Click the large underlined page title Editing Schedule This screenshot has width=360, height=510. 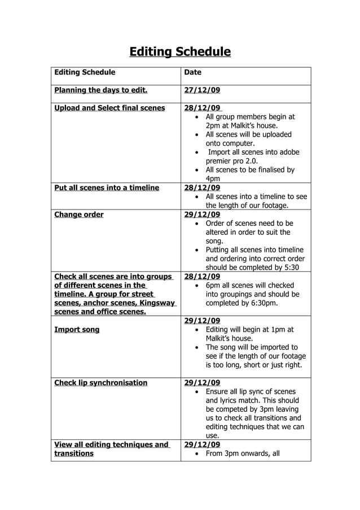pos(180,52)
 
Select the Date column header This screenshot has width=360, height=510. pos(192,72)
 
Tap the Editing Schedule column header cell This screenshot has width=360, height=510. pos(84,72)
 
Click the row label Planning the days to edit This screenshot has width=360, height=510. pos(100,90)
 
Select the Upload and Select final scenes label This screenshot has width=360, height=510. pos(109,108)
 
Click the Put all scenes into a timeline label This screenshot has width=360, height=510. pos(107,188)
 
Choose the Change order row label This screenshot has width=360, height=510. pos(78,215)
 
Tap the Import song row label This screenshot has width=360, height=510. pos(77,329)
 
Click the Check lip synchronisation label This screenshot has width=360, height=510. pos(100,382)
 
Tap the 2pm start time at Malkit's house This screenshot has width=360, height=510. pos(214,125)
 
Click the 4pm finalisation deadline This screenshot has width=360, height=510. pos(213,178)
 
